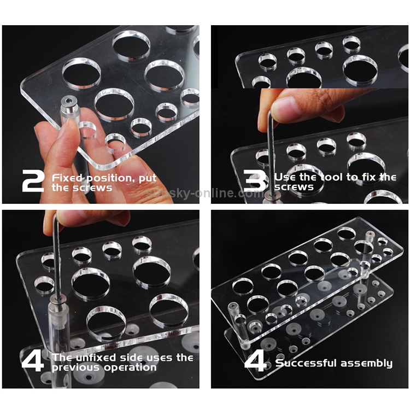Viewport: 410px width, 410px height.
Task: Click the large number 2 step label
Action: point(33,180)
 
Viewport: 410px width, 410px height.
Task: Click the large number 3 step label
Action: point(255,180)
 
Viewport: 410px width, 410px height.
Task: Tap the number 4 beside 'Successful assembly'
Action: point(255,361)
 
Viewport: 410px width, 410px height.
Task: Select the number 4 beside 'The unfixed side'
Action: point(33,361)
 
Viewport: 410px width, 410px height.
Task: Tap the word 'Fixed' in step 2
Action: point(67,178)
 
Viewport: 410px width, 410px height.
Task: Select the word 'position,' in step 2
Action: point(110,179)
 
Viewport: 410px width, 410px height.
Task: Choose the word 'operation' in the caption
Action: point(130,368)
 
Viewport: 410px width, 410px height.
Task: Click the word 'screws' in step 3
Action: point(294,187)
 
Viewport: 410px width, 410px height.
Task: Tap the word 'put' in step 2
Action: point(148,179)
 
